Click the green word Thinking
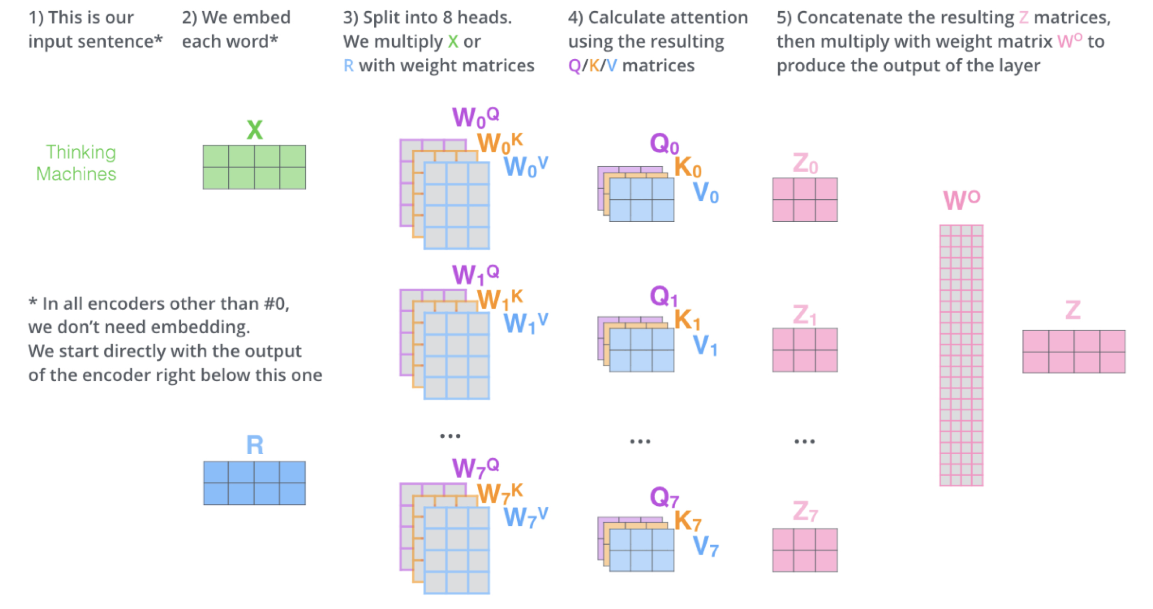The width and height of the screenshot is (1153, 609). point(81,153)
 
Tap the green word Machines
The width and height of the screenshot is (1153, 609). point(77,174)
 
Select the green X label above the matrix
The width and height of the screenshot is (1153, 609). point(255,130)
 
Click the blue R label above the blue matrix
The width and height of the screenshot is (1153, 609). point(255,445)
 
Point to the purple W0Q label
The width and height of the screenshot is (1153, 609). point(475,117)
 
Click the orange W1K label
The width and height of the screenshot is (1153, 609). point(500,299)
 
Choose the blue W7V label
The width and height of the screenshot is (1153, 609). point(526,517)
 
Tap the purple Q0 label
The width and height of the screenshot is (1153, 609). point(664,143)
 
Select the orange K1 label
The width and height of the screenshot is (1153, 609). point(687,320)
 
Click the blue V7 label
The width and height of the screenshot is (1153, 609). point(706,546)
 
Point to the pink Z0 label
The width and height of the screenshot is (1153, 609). point(805,163)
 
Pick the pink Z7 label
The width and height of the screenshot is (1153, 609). point(805,511)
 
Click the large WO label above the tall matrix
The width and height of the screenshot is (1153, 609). point(962,199)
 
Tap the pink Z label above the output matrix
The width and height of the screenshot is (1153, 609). point(1073,310)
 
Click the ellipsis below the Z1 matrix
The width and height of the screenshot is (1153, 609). point(805,441)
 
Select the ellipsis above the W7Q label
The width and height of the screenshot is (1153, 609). point(450,436)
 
